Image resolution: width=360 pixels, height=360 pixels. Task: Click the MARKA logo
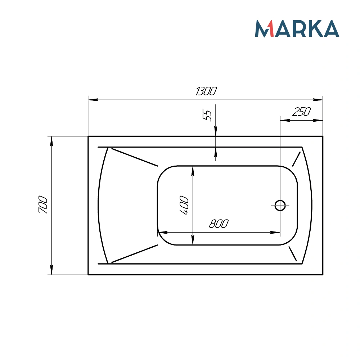coord(297,28)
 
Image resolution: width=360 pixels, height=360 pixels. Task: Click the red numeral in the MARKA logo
coord(271,29)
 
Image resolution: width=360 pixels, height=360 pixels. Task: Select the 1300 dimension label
coord(206,91)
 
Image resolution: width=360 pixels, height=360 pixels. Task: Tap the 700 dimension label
coord(43,205)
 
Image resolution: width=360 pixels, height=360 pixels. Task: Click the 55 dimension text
coord(207,116)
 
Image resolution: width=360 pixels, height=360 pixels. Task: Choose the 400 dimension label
coord(184,206)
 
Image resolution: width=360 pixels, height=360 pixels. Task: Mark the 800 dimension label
coord(219,224)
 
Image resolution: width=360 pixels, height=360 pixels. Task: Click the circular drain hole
coord(280,206)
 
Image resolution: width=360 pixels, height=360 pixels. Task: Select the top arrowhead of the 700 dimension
coord(51,141)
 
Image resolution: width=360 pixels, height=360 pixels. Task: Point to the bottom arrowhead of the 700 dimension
coord(51,270)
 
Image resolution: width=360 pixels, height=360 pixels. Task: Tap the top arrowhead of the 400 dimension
coord(193,171)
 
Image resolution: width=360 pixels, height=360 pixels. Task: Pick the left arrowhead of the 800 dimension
coord(162,233)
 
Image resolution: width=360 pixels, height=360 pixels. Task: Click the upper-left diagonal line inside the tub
coord(135,157)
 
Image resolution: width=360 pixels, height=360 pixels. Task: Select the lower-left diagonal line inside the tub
coord(135,253)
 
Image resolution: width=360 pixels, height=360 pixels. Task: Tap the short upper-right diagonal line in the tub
coord(296,159)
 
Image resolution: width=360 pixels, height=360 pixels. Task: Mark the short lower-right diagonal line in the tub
coord(293,254)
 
